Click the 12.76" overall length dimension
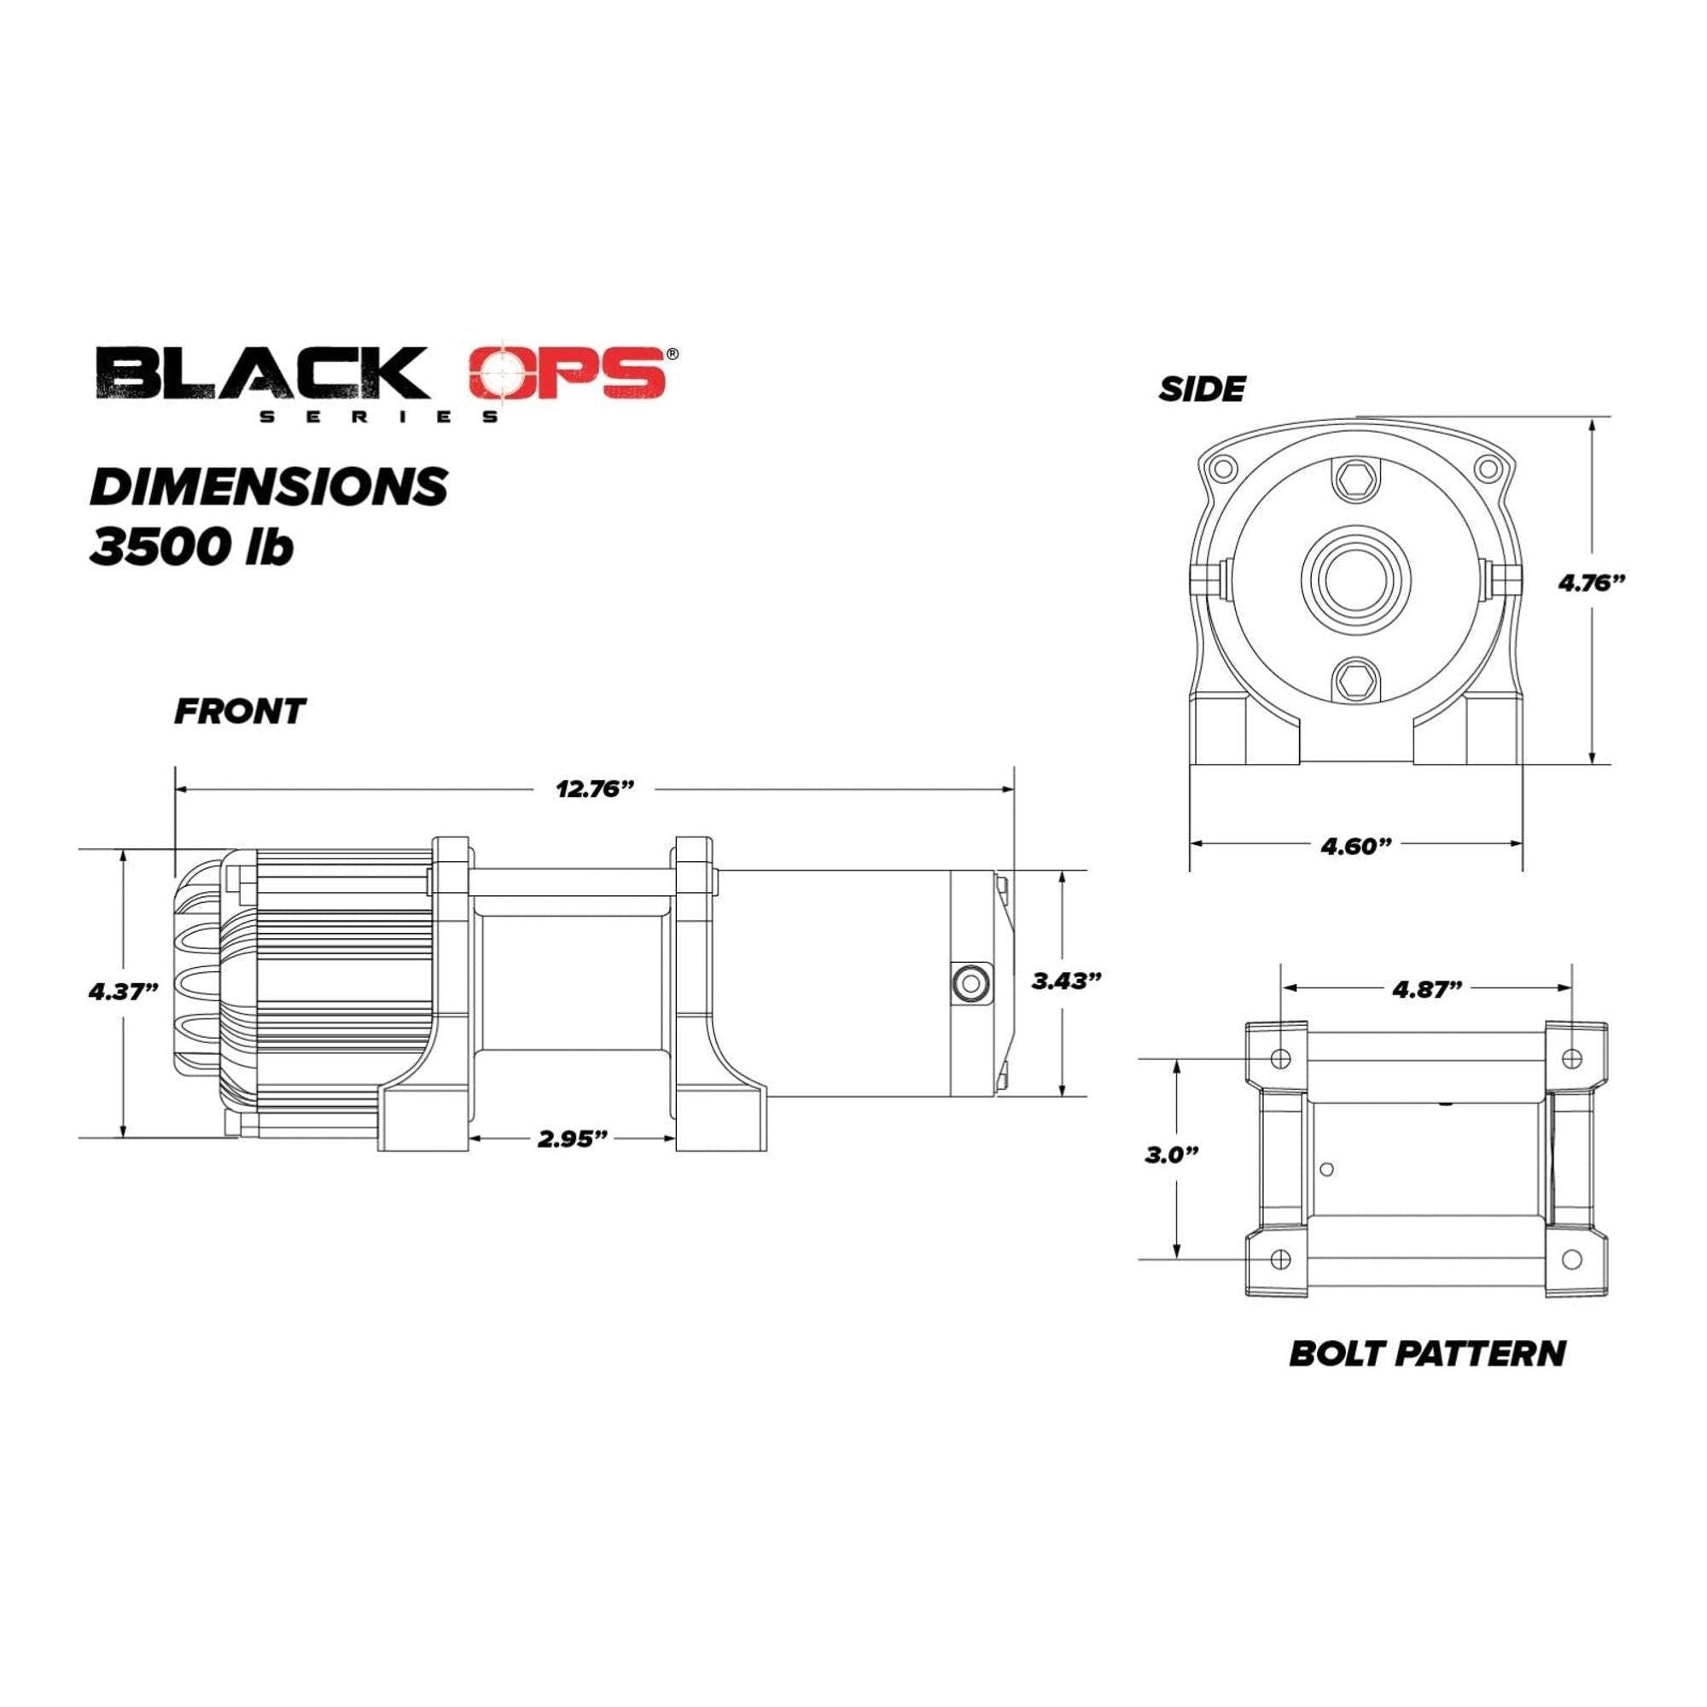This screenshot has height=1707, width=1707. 595,789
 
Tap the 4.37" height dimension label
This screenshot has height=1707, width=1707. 123,990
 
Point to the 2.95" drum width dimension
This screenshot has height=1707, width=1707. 573,1139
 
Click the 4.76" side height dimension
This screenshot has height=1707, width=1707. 1591,582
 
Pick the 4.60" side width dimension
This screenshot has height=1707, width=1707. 1356,846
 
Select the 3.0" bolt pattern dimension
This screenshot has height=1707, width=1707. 1172,1155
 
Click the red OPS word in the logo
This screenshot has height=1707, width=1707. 568,372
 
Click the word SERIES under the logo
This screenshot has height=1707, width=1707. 378,417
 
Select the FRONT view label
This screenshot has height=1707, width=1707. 240,711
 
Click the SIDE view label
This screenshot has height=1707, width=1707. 1202,388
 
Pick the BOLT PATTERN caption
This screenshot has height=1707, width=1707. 1427,1378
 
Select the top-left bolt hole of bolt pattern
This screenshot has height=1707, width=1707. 1283,1057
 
